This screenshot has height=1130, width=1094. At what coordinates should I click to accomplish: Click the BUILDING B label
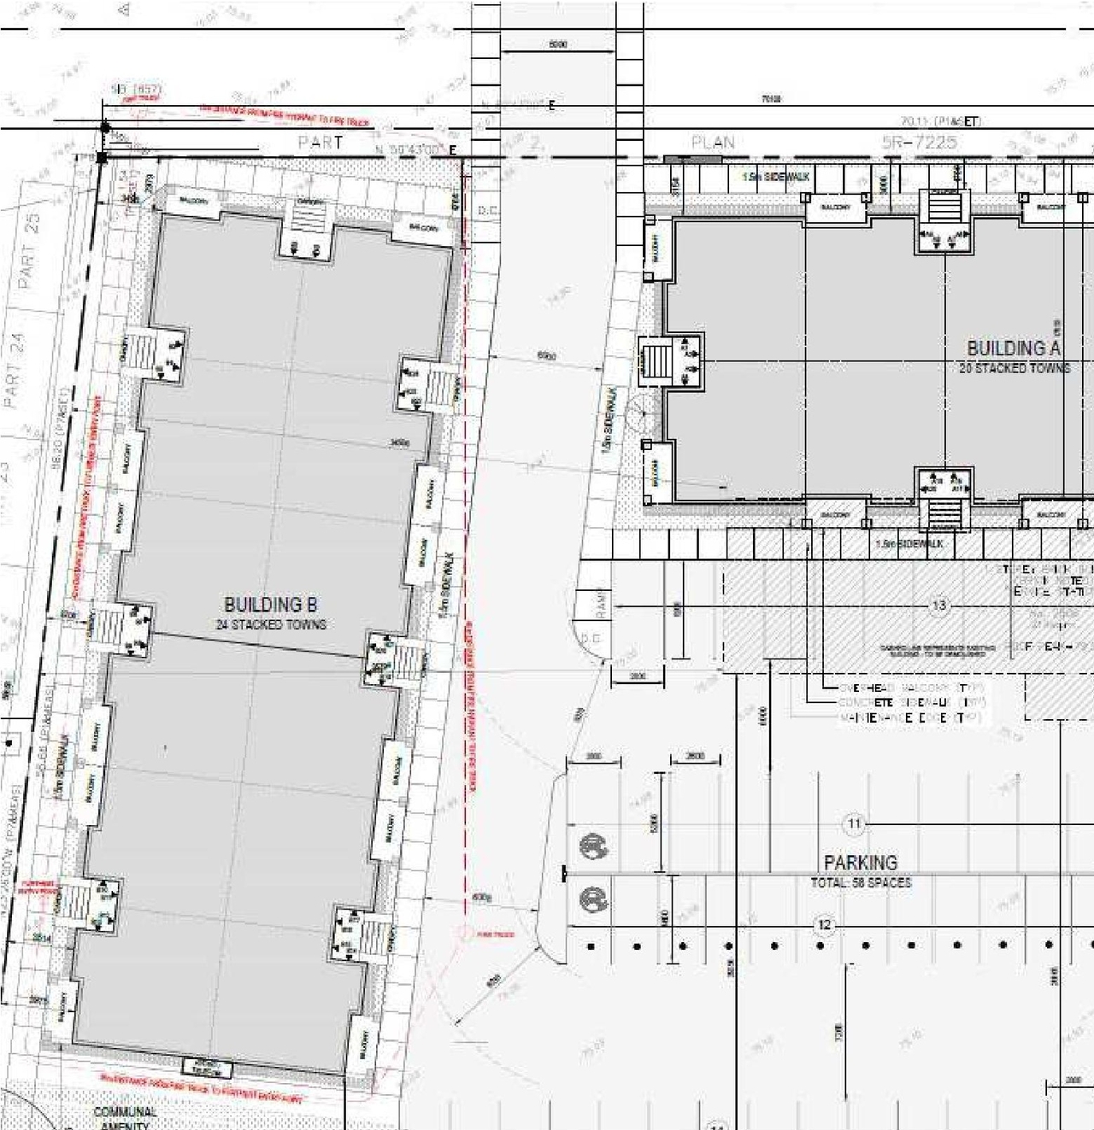(270, 606)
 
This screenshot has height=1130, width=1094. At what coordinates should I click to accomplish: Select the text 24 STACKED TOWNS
(270, 625)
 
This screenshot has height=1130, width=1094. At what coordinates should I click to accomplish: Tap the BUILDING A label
(1013, 348)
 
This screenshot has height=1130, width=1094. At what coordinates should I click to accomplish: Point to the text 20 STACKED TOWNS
(1014, 368)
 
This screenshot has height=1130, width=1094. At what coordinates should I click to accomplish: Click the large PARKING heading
(860, 863)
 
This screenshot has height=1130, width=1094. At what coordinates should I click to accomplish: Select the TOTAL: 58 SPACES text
(860, 882)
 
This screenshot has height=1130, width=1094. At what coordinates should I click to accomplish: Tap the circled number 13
(938, 606)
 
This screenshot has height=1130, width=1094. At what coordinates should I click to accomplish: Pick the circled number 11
(854, 824)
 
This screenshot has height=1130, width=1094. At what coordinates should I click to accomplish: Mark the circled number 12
(824, 925)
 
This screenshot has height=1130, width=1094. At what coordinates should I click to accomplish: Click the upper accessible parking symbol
(592, 846)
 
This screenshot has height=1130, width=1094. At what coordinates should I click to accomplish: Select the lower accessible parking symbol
(592, 899)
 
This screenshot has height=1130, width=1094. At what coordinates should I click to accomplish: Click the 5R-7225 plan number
(919, 143)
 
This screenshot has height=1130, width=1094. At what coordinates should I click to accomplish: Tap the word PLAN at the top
(713, 143)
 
